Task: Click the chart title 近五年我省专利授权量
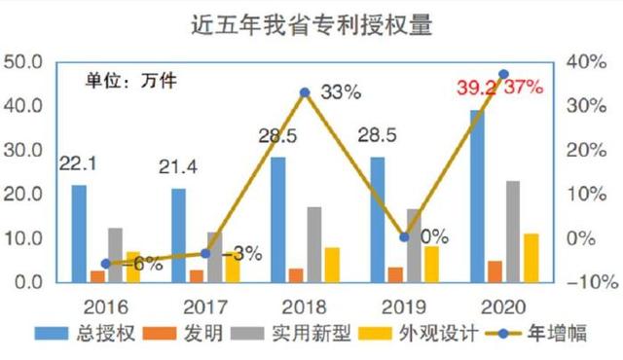[312, 22]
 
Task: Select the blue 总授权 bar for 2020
[477, 195]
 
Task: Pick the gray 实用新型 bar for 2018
[313, 243]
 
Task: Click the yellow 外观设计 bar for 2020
[531, 257]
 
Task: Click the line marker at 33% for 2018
[305, 92]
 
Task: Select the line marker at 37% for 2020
[503, 74]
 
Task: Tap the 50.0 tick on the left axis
[26, 61]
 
